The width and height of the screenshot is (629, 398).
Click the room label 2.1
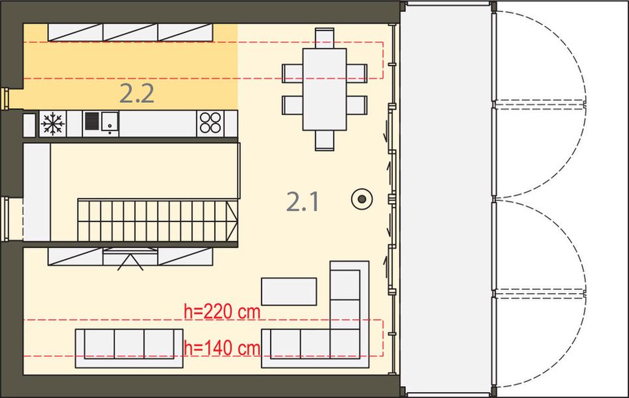click(x=303, y=201)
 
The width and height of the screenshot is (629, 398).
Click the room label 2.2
click(x=137, y=94)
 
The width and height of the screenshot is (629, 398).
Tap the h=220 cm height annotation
click(x=222, y=311)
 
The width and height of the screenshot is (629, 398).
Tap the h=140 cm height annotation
click(x=222, y=346)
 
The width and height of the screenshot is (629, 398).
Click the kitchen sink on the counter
click(x=101, y=123)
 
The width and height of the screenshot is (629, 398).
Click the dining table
click(x=324, y=89)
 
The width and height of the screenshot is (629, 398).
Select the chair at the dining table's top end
click(x=324, y=38)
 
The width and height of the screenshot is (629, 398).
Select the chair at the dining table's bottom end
click(x=324, y=140)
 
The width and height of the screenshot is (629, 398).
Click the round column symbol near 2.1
click(x=362, y=198)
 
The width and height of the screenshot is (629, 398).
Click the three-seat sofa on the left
click(x=129, y=346)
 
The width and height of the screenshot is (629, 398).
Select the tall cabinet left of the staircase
click(x=36, y=192)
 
